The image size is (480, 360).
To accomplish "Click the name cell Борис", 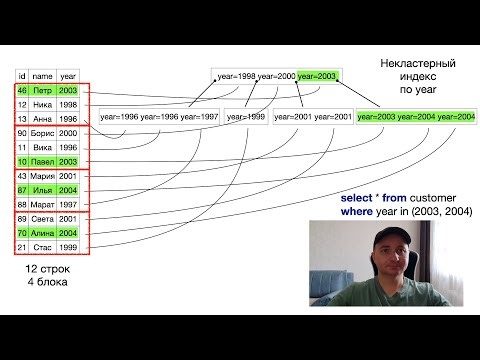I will click(x=43, y=133).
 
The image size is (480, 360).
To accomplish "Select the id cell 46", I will click(x=22, y=90).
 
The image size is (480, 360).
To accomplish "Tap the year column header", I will click(x=67, y=75).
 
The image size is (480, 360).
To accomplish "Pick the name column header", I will click(x=42, y=75).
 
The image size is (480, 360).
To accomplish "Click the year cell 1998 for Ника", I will click(x=67, y=104).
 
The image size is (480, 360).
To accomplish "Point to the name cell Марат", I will click(x=43, y=205).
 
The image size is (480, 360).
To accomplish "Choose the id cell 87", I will click(x=22, y=190).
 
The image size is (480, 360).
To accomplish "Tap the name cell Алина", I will click(x=43, y=233).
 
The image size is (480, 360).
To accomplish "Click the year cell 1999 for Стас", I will click(x=67, y=247).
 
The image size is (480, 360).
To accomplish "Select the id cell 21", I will click(x=22, y=247).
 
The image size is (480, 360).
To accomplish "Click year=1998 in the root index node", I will click(x=235, y=76).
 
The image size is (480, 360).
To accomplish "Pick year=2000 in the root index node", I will click(x=276, y=76).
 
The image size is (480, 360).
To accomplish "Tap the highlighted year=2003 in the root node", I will click(x=317, y=76).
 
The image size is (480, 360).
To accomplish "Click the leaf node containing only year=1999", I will click(x=245, y=117).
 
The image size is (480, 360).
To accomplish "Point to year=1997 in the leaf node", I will click(x=196, y=117).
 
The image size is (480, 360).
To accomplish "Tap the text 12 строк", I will click(x=47, y=271).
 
